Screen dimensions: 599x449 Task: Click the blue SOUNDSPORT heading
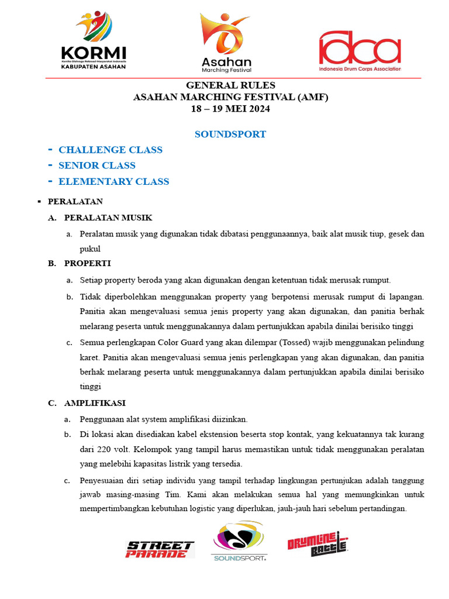[230, 135]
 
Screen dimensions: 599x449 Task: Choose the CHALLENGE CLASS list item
[110, 150]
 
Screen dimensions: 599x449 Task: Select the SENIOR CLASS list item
[97, 166]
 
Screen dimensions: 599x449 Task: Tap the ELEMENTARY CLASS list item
[114, 181]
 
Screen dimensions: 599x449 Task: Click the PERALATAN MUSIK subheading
[108, 218]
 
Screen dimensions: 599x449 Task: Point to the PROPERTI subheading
[88, 263]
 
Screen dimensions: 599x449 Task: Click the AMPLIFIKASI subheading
[95, 403]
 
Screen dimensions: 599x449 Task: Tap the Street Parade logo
[160, 549]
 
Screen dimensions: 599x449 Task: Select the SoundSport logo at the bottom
[239, 541]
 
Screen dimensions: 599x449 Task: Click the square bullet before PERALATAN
[38, 202]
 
